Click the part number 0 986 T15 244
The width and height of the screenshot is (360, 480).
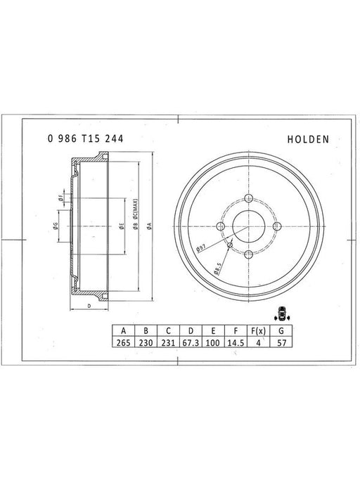[86, 138]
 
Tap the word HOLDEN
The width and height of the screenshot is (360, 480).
[308, 140]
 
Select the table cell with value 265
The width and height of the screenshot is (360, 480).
[124, 342]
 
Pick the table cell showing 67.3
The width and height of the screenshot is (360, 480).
[191, 342]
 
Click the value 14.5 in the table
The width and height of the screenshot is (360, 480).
[236, 342]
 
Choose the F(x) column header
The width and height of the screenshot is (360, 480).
[258, 330]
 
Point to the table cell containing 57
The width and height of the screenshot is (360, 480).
[281, 342]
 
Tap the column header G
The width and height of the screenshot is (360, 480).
[281, 330]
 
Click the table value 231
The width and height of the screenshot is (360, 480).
[168, 342]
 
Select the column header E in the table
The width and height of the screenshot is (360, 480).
[213, 330]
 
